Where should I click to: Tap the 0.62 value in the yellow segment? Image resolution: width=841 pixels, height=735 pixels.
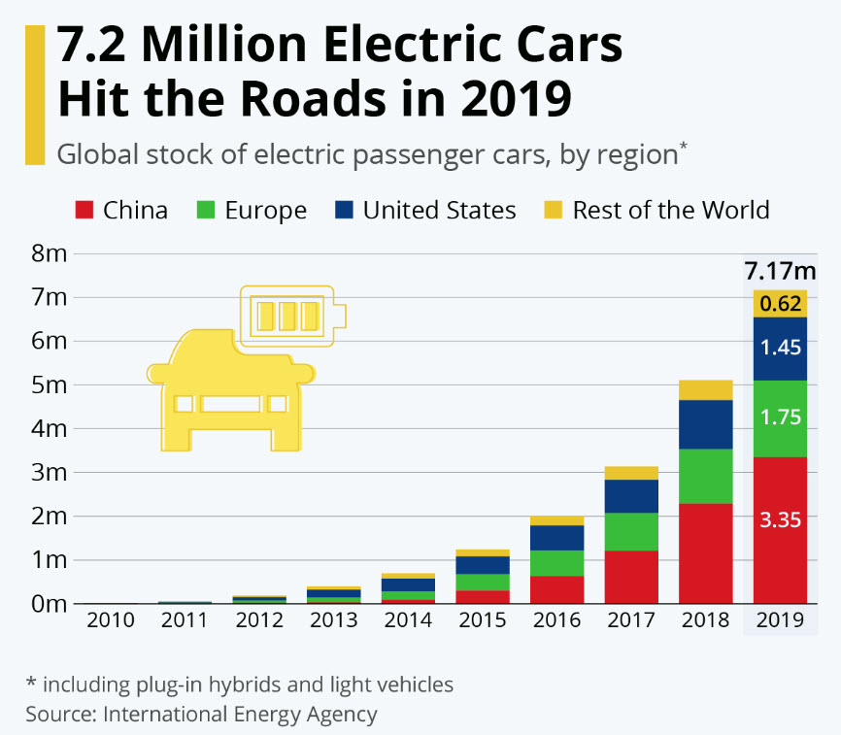780,304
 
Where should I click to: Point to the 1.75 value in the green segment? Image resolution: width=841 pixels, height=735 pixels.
780,418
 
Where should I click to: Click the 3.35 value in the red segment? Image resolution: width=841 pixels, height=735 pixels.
780,519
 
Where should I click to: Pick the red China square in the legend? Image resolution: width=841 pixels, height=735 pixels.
84,210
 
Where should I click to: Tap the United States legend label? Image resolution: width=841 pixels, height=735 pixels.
439,210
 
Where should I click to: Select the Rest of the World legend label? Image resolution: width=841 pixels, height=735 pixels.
671,210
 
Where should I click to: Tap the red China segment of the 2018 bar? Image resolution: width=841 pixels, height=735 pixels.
705,552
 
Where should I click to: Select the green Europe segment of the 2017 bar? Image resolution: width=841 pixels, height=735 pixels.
630,531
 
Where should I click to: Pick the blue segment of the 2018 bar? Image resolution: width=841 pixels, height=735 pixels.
705,424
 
